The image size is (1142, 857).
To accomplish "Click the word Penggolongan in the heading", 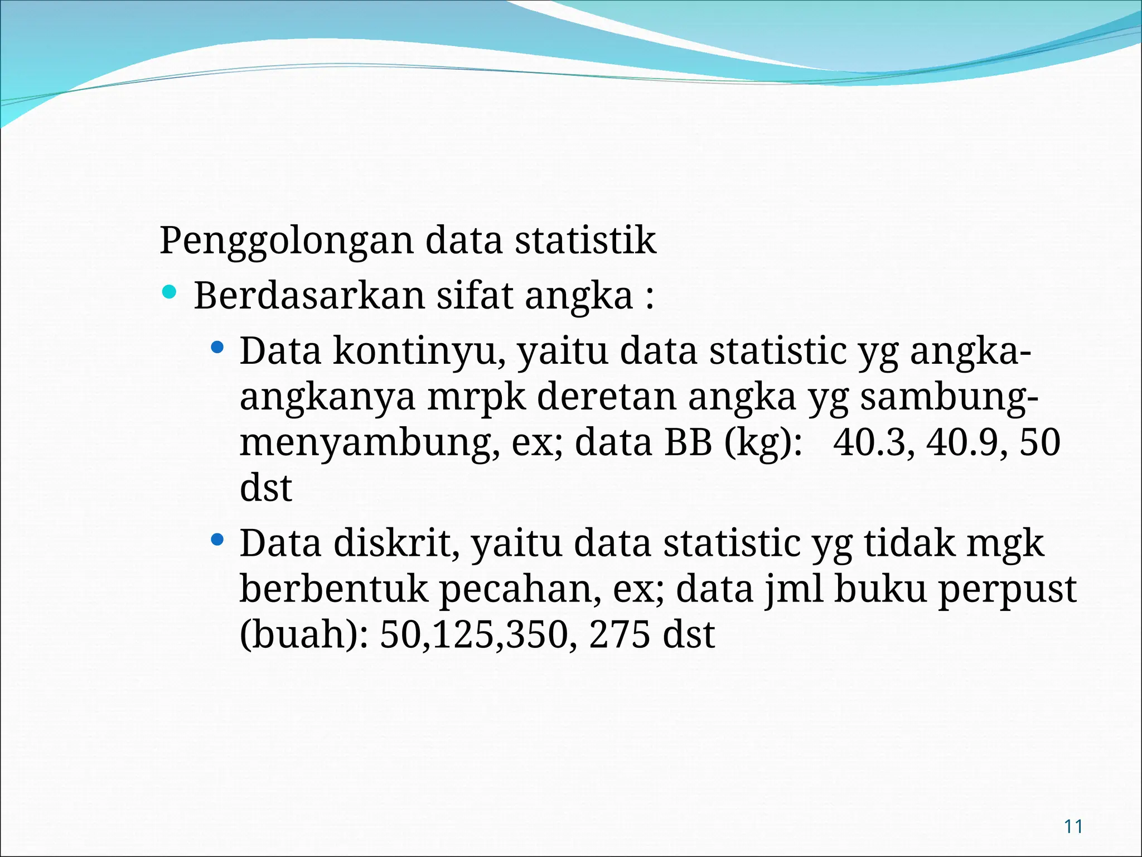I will click(x=287, y=241).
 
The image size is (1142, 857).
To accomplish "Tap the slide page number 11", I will click(x=1073, y=826).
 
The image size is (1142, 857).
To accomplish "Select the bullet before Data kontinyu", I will click(x=217, y=349).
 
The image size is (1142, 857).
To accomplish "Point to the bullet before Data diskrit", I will click(x=217, y=540).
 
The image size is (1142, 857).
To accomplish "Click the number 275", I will click(x=619, y=635).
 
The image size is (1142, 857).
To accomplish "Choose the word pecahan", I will click(x=521, y=589).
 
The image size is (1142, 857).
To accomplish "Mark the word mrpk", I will click(x=477, y=397).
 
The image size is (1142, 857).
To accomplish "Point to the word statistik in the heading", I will click(x=585, y=241).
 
